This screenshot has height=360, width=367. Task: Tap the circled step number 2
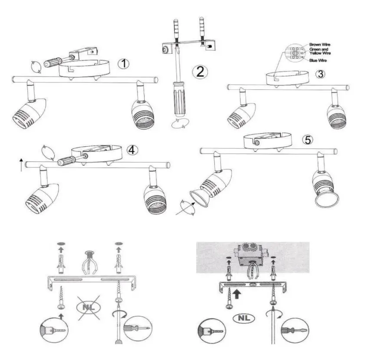[x=200, y=72]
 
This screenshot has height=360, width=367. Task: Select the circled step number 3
[x=320, y=74]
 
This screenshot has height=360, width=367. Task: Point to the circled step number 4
[x=133, y=150]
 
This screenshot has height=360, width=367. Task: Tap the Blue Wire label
[x=318, y=61]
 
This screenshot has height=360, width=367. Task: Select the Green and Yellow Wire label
[x=320, y=51]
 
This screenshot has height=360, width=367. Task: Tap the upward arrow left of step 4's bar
[x=21, y=165]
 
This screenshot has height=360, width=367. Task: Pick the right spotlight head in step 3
[x=338, y=116]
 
